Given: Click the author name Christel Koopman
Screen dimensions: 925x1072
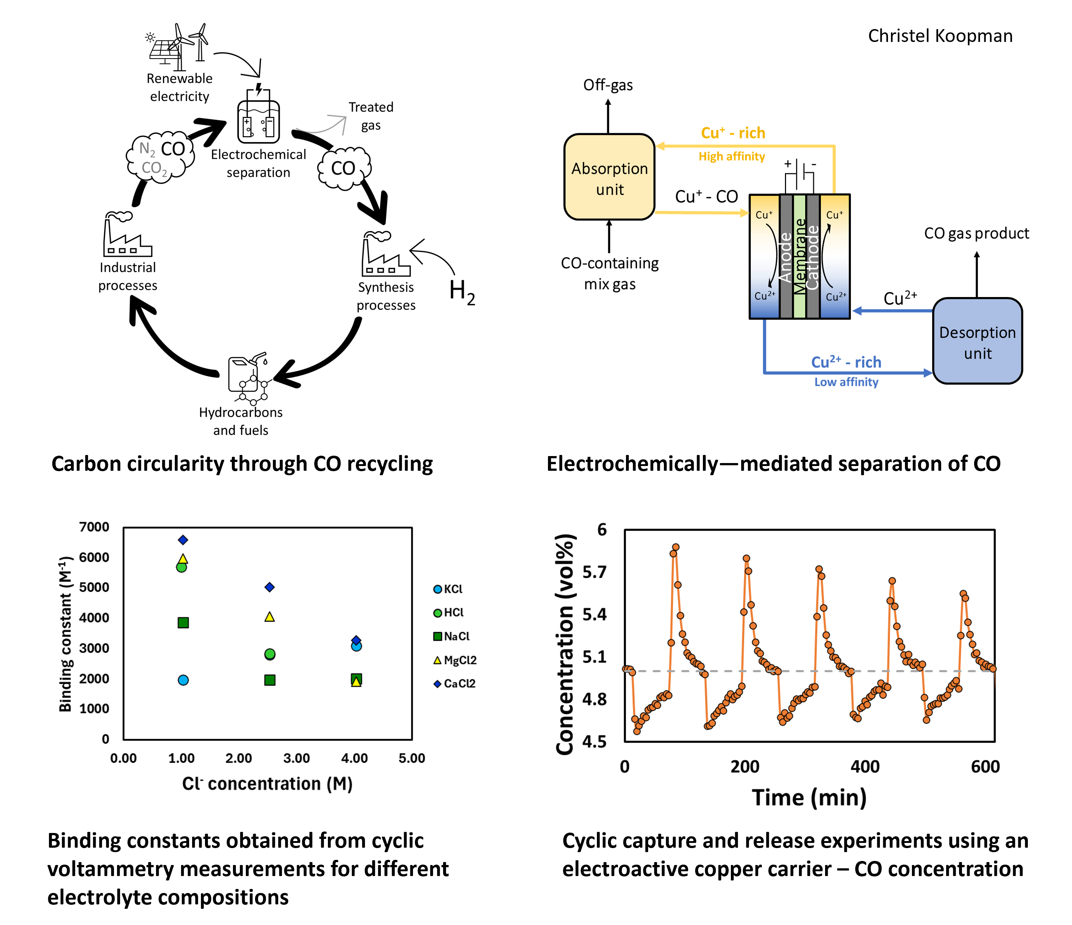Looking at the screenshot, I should pos(940,36).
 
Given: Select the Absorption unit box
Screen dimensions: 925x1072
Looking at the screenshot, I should pos(609,177).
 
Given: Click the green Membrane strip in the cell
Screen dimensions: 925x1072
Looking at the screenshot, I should pos(799,256).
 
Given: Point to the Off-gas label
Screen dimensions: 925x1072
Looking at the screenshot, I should pos(608,85).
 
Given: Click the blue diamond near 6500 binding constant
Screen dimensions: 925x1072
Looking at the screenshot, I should pos(183,540).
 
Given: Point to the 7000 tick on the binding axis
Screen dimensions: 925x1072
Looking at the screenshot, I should pos(94,527).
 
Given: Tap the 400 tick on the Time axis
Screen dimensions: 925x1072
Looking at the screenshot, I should pos(865,767).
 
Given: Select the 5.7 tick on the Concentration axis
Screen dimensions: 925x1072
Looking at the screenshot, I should pos(594,572).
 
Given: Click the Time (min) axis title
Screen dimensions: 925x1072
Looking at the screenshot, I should pos(809,798).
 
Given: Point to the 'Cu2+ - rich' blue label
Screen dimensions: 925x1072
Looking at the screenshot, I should pos(846,362).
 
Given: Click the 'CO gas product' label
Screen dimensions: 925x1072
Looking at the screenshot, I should pos(976,233).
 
